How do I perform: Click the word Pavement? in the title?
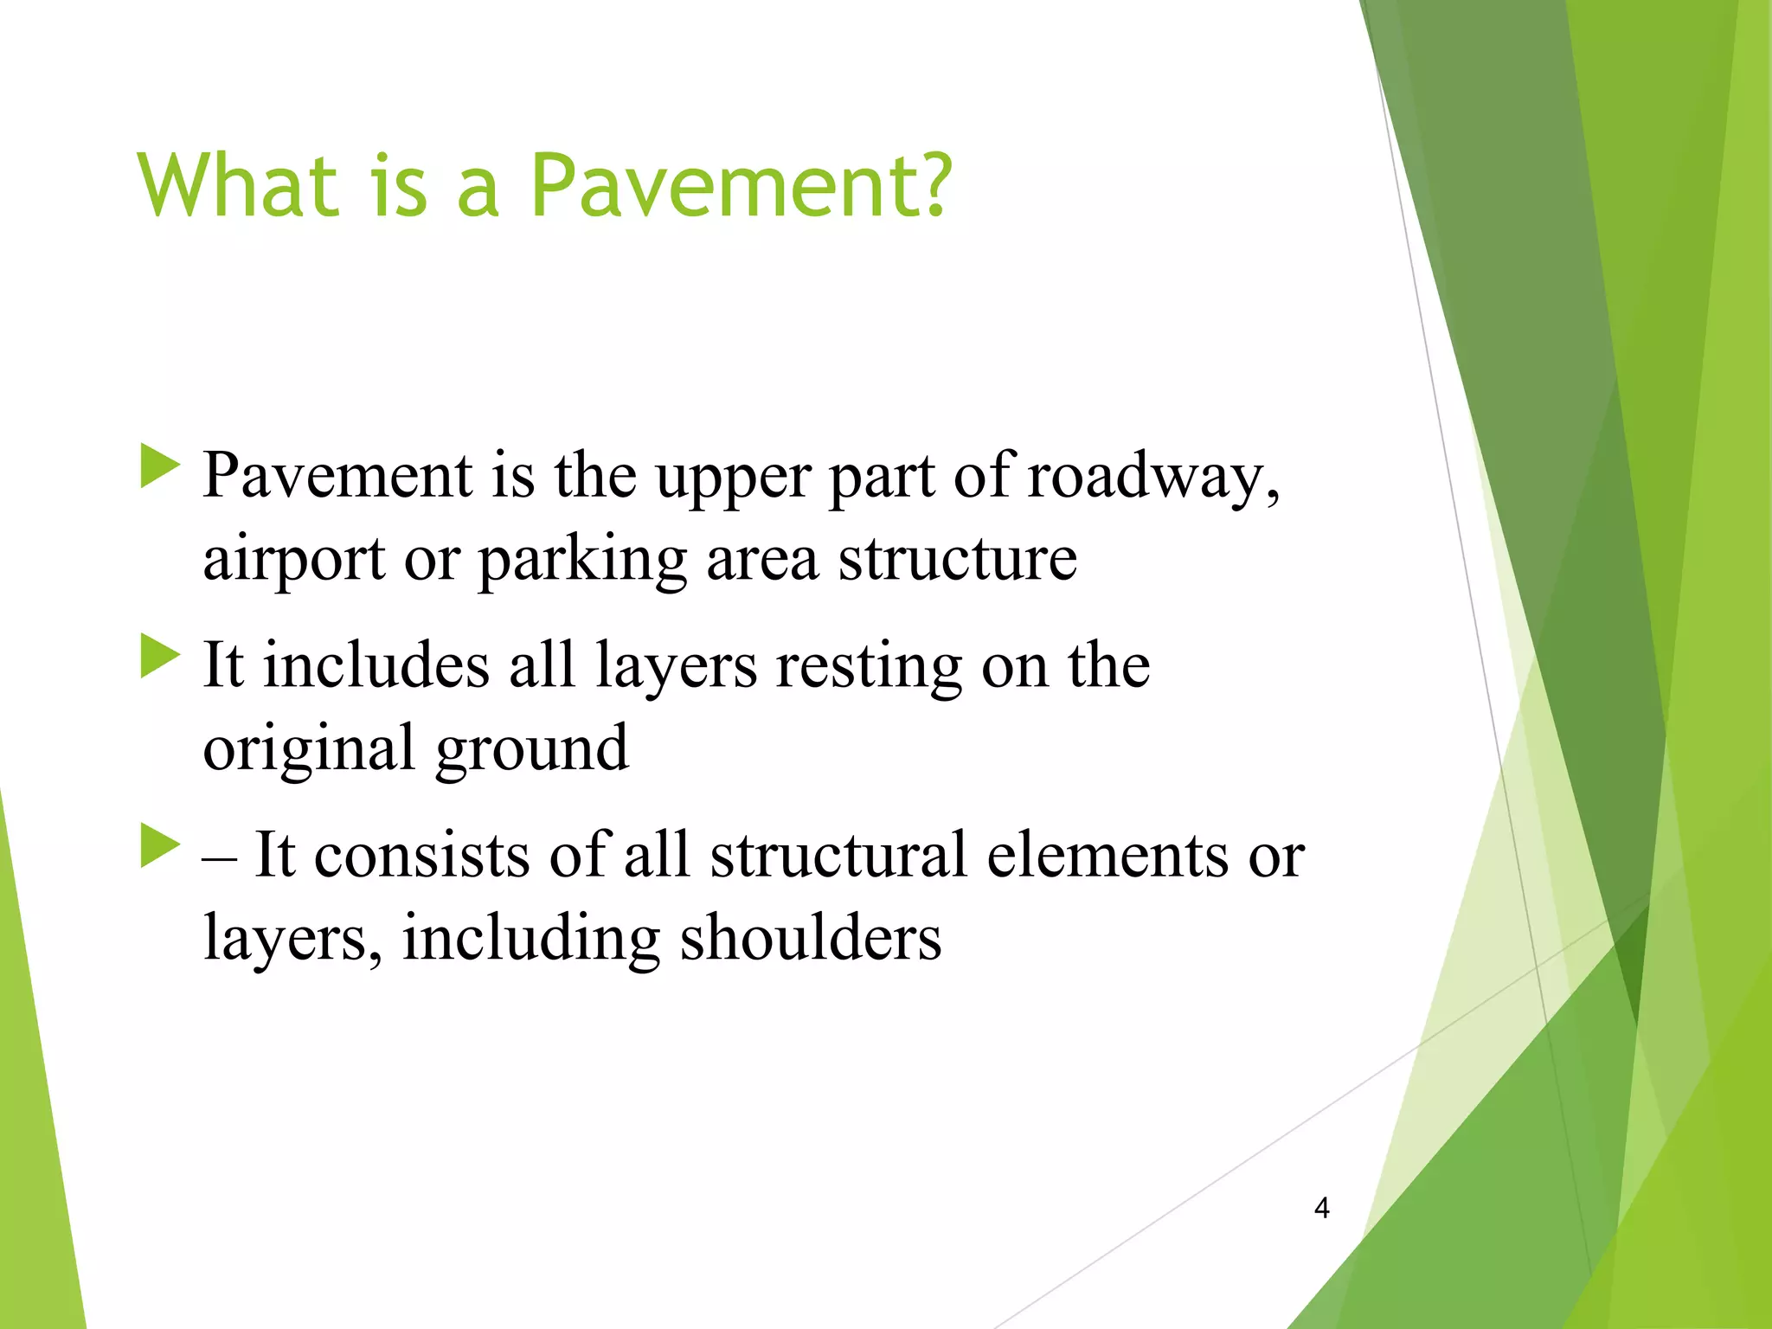coord(741,185)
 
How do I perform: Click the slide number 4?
coord(1321,1208)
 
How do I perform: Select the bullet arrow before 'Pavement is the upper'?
coord(159,466)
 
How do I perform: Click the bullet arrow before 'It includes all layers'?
coord(159,657)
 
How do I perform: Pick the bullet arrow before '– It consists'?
coord(159,846)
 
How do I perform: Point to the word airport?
coord(293,561)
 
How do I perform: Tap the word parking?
coord(582,561)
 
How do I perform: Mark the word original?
coord(308,749)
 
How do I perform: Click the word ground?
coord(531,749)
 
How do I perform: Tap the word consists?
coord(421,855)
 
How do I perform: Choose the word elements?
coord(1107,855)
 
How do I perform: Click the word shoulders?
coord(810,938)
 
